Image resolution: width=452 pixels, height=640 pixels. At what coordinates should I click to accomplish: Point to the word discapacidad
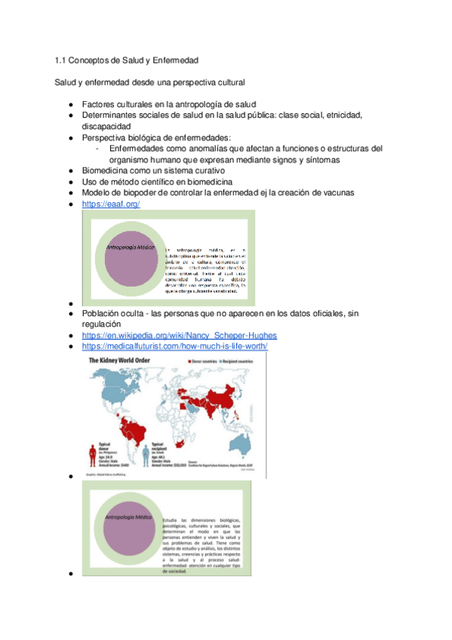106,126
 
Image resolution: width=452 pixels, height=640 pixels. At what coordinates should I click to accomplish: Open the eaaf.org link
111,204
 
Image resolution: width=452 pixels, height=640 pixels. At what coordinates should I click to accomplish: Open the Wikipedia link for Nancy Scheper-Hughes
179,335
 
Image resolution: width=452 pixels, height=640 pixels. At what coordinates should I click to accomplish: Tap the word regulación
103,324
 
